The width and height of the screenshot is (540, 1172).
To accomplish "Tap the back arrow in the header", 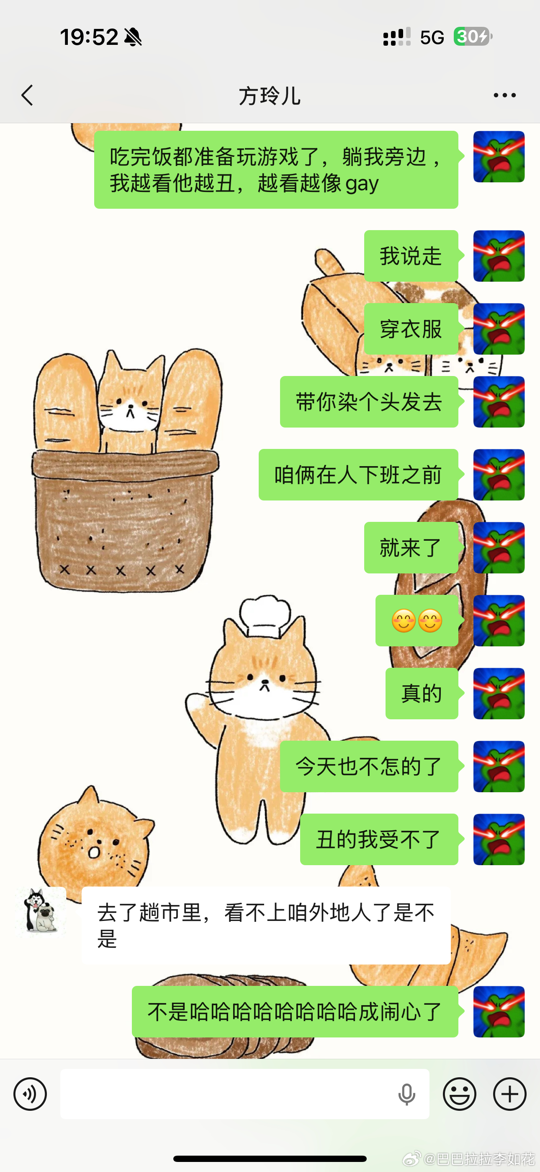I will click(27, 96).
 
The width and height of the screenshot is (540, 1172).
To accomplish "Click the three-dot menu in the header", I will click(504, 96).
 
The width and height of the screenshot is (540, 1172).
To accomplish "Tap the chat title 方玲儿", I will click(270, 96).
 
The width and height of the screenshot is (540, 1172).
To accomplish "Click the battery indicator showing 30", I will click(472, 37).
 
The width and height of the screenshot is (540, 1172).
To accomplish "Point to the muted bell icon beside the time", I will click(133, 37).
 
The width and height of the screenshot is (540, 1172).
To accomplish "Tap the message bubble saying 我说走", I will click(411, 256).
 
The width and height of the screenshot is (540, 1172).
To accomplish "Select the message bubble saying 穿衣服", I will click(411, 329).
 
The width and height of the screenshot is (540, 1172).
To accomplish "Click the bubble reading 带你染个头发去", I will click(369, 402).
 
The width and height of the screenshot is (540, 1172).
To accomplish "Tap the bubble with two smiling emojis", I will click(417, 620).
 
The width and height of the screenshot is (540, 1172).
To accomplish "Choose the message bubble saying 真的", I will click(422, 693).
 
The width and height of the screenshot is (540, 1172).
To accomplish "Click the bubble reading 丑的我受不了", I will click(379, 840).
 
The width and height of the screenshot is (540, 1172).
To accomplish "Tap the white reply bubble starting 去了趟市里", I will click(266, 926).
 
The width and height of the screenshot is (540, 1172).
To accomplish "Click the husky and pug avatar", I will click(41, 910).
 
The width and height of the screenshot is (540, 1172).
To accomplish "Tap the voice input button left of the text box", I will click(30, 1094).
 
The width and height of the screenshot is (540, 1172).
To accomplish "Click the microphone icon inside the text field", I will click(406, 1094).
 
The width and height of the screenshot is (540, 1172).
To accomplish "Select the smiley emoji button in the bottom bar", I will click(460, 1094).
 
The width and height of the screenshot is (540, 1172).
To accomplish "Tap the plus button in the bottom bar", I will click(509, 1094).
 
